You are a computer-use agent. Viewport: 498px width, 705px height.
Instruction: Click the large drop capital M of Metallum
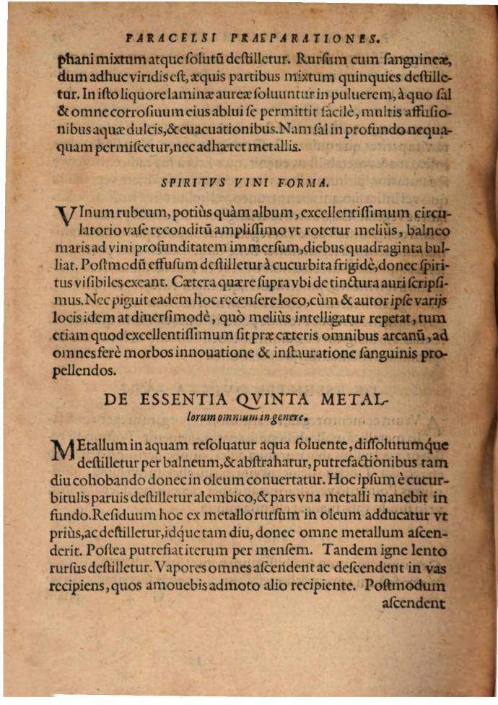65,450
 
